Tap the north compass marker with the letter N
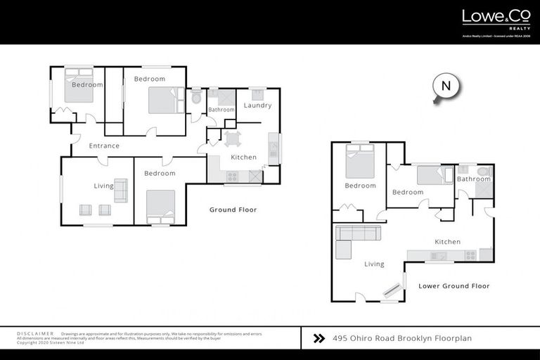pyautogui.click(x=445, y=87)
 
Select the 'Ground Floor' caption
pyautogui.click(x=233, y=210)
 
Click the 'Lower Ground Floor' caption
pyautogui.click(x=454, y=286)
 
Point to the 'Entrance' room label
pyautogui.click(x=104, y=146)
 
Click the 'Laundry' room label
pyautogui.click(x=257, y=105)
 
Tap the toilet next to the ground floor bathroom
pyautogui.click(x=196, y=96)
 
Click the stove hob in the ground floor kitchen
pyautogui.click(x=232, y=176)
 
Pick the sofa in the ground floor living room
pyautogui.click(x=121, y=190)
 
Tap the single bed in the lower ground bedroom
pyautogui.click(x=430, y=175)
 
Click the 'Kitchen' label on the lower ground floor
pyautogui.click(x=447, y=242)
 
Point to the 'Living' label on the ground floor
pyautogui.click(x=104, y=186)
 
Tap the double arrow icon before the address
pyautogui.click(x=319, y=338)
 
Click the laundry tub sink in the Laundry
pyautogui.click(x=257, y=93)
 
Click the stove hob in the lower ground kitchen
pyautogui.click(x=469, y=255)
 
